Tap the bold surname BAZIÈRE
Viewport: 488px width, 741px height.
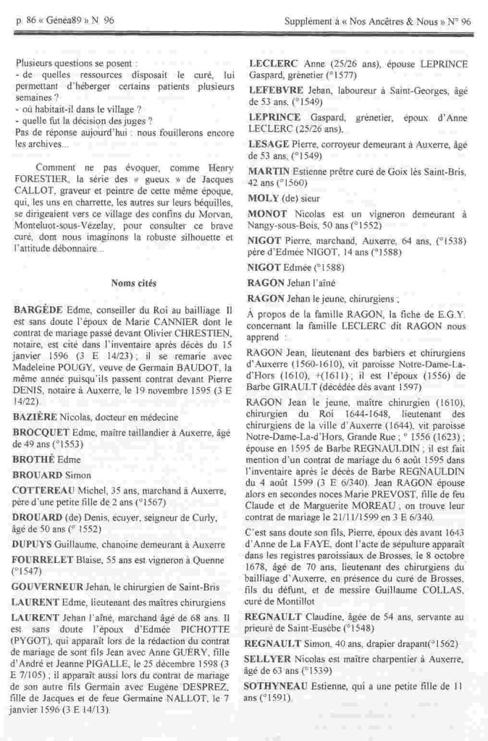click(x=35, y=418)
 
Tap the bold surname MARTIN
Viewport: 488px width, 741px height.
click(x=269, y=172)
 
